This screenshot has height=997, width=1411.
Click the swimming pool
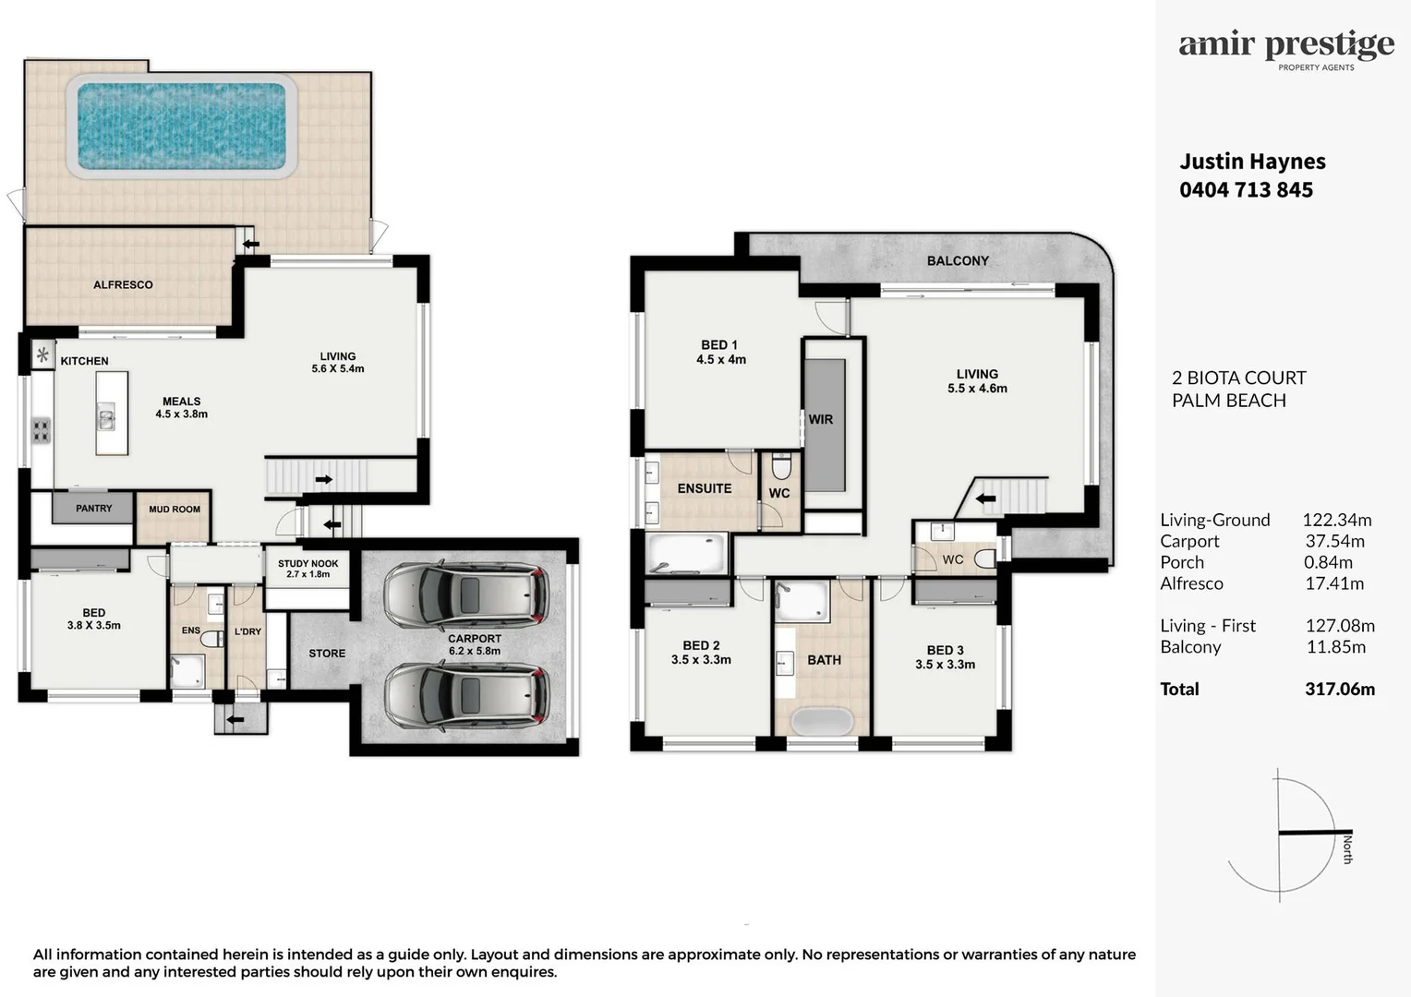[181, 126]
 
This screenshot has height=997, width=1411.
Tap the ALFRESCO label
[123, 284]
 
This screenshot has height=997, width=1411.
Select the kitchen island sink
[106, 417]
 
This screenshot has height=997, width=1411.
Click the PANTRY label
[94, 509]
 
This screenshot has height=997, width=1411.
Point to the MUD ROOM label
[175, 509]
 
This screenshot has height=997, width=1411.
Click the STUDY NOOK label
[308, 564]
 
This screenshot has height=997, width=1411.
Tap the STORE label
[327, 654]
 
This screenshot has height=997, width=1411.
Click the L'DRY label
[247, 631]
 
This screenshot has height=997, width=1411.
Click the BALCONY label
[958, 260]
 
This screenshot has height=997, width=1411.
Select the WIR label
[821, 419]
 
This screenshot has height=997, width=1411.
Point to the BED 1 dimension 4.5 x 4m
[720, 360]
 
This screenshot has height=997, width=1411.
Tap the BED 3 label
[945, 650]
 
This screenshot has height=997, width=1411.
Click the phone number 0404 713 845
[1246, 189]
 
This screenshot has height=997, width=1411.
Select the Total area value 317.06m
[1340, 689]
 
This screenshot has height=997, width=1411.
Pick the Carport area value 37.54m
[1334, 541]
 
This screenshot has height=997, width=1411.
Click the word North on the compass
[1347, 849]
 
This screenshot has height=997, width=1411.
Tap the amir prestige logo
[1286, 49]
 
